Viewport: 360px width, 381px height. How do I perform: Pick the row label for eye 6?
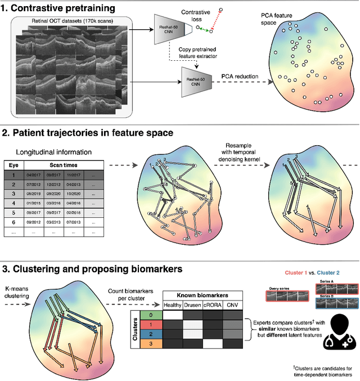point(15,222)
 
